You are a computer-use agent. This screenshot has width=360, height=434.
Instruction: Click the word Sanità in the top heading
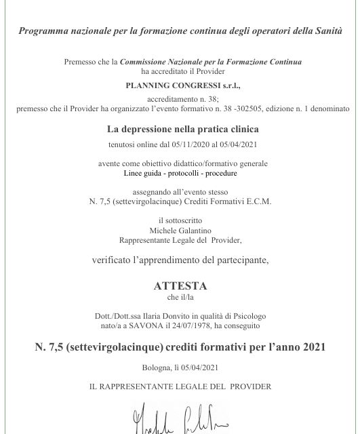(326, 30)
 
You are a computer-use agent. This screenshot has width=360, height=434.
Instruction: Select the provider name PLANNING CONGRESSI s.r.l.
(180, 86)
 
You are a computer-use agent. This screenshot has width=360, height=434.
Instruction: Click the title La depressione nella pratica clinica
(180, 129)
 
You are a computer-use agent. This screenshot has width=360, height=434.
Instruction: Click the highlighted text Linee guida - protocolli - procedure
(180, 173)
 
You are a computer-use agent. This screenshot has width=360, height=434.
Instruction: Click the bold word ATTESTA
(180, 286)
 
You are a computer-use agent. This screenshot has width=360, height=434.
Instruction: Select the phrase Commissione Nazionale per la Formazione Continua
(211, 62)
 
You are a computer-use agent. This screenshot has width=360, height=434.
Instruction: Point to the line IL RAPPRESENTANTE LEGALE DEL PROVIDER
(180, 387)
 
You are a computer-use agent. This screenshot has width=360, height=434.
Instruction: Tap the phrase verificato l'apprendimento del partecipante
(180, 259)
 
